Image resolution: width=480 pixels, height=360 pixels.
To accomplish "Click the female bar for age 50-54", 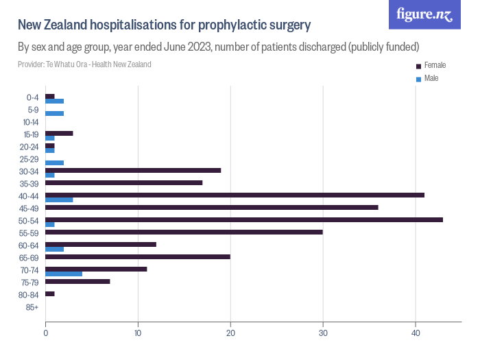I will point(243,219).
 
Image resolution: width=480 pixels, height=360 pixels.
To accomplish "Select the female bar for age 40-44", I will point(235,195).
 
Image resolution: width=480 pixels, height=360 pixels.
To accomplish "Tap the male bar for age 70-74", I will point(64,274).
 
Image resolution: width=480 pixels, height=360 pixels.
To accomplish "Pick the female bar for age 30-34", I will point(133,170).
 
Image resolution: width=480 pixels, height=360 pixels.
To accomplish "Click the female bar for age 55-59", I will point(184,232).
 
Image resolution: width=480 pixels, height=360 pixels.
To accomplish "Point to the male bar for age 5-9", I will point(54,113).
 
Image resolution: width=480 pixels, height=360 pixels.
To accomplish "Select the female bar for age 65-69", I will point(138,256).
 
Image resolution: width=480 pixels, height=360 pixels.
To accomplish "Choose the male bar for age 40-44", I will point(59,200).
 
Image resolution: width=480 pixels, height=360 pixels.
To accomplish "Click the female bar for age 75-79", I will point(77,281).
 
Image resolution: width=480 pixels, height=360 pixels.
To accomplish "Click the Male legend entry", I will point(431,78).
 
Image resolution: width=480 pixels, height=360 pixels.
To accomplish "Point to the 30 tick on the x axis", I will point(323,333).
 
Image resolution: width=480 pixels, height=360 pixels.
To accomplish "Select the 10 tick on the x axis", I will point(138,333).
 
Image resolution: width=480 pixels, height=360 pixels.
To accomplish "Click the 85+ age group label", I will point(32,307).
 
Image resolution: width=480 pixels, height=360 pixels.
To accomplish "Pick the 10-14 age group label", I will point(31,122).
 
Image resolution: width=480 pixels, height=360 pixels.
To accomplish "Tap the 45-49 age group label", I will point(30,208).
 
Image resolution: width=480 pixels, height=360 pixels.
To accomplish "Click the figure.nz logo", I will point(424,14).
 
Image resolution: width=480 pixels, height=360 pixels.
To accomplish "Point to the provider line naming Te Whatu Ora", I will point(84,64).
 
